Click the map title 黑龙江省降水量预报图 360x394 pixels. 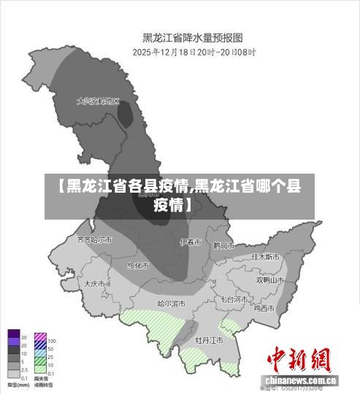click(x=192, y=36)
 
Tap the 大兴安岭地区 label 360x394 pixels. click(x=98, y=101)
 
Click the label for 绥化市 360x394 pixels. click(x=138, y=265)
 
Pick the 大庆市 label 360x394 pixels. click(x=95, y=283)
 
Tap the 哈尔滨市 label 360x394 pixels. click(x=172, y=303)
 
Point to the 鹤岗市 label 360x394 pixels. click(x=223, y=246)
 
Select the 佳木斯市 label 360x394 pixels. click(x=266, y=257)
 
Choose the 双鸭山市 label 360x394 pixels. click(x=269, y=279)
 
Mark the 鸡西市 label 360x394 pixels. click(x=264, y=308)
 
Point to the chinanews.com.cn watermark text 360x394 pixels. click(x=301, y=381)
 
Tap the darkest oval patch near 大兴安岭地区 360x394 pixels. click(x=126, y=115)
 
